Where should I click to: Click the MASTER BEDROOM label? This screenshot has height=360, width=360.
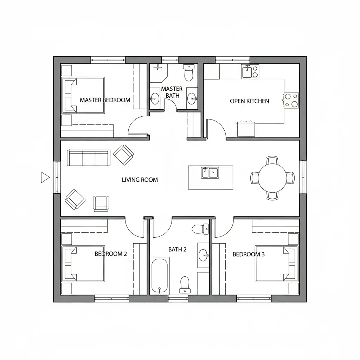tap(105, 100)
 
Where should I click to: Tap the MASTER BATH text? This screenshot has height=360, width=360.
tap(172, 92)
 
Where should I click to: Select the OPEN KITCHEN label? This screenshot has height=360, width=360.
tap(249, 101)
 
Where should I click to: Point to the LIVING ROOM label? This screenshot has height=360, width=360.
tap(140, 180)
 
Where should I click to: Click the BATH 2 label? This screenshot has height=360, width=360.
tap(177, 249)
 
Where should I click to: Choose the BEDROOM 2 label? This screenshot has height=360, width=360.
tap(111, 254)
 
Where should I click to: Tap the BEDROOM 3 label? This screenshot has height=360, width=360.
tap(249, 254)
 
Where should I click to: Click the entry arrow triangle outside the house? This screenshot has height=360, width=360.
tap(45, 178)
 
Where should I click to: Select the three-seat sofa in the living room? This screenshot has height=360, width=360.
tap(88, 157)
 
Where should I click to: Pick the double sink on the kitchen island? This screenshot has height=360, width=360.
tap(210, 173)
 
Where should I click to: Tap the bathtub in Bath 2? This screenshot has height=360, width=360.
tap(160, 276)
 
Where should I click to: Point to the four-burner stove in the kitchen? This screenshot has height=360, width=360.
tap(291, 101)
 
